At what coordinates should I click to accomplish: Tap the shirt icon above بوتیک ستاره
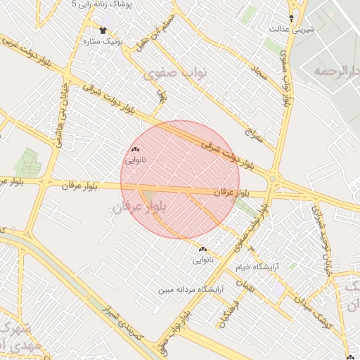click(x=103, y=30)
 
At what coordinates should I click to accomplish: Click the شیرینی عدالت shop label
click(x=292, y=30)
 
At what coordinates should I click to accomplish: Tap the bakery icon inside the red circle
click(x=136, y=149)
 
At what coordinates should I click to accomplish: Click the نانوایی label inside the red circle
click(x=136, y=160)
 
